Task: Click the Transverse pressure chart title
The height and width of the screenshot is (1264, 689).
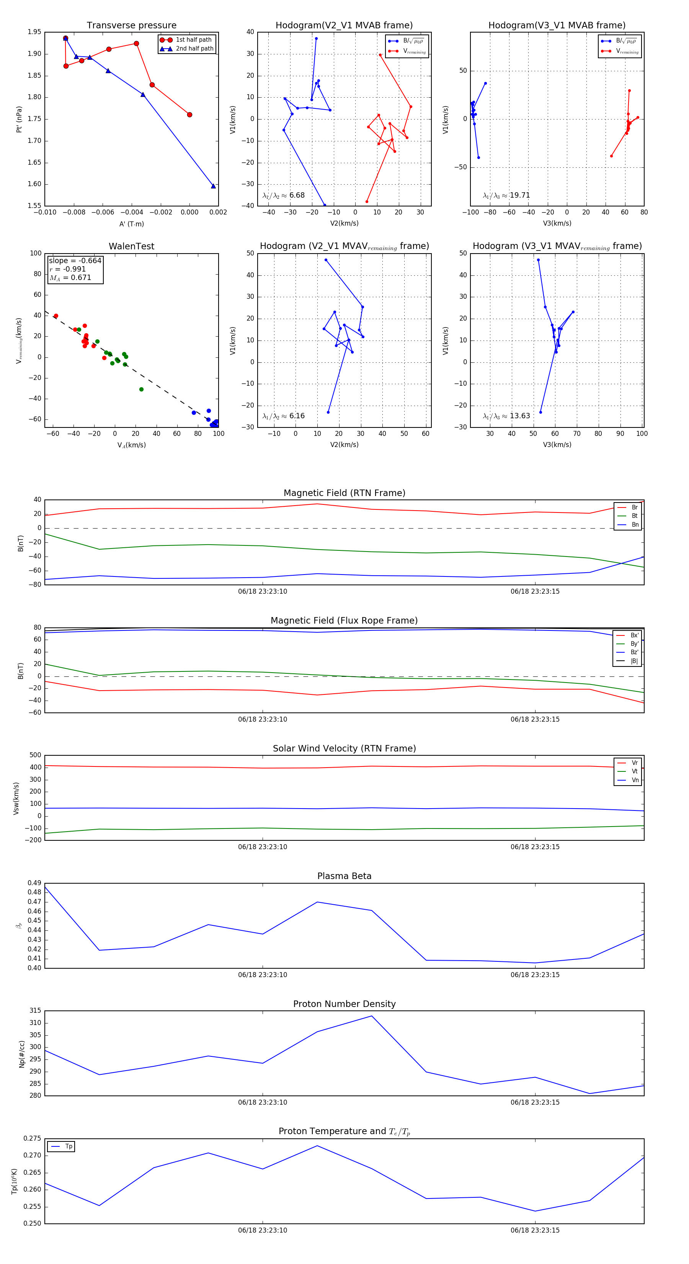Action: coord(131,26)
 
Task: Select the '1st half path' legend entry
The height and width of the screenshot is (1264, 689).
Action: coord(193,40)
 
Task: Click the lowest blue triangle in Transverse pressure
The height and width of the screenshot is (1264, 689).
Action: coord(213,186)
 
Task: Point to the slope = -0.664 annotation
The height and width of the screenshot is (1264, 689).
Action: coord(75,260)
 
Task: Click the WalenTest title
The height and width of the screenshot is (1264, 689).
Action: coord(131,246)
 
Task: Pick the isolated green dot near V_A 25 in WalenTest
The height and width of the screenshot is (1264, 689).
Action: coord(141,389)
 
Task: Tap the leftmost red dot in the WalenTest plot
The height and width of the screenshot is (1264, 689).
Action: coord(56,316)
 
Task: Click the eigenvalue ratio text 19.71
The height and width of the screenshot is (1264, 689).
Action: coord(519,195)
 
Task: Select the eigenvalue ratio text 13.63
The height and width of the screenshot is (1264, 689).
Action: coord(519,416)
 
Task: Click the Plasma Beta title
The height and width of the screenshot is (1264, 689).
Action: coord(344,876)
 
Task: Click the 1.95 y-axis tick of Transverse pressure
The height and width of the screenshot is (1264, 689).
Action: coord(34,32)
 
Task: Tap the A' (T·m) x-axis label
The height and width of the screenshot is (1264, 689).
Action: coord(131,224)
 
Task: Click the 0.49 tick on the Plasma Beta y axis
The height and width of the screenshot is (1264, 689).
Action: coord(34,883)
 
